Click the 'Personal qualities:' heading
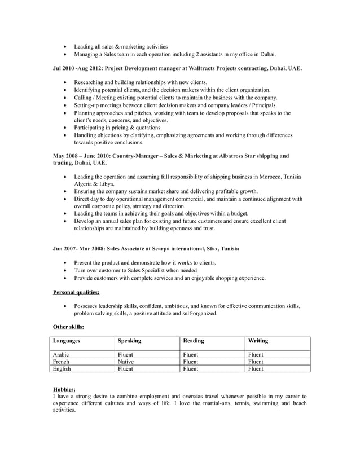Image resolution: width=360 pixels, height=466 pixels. pyautogui.click(x=76, y=292)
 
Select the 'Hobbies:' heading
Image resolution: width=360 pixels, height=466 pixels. pyautogui.click(x=65, y=389)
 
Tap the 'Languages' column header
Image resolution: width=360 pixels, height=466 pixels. pyautogui.click(x=66, y=341)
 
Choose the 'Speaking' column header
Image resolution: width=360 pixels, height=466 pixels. pyautogui.click(x=129, y=341)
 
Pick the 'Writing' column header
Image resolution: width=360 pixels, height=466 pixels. pyautogui.click(x=258, y=341)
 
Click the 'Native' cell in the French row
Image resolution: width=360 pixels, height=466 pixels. pyautogui.click(x=126, y=361)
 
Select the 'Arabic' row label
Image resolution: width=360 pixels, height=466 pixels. pyautogui.click(x=61, y=354)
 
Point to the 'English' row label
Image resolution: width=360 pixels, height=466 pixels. pyautogui.click(x=62, y=368)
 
